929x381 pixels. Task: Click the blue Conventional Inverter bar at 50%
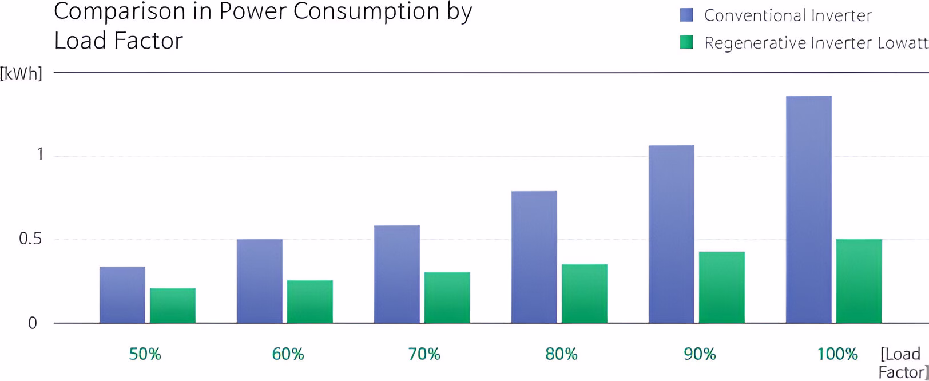[122, 295]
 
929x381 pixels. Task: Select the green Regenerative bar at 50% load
[172, 305]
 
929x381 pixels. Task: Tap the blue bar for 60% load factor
[259, 281]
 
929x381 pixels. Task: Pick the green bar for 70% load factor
[447, 297]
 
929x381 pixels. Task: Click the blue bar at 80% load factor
[534, 257]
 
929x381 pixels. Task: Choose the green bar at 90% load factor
[721, 287]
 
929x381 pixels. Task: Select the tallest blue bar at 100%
[808, 209]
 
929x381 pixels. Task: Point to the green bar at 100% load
[859, 281]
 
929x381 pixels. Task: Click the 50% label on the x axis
[145, 355]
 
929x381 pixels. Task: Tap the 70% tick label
[424, 355]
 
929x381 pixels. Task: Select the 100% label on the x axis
[837, 355]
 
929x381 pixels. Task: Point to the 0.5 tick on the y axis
[30, 239]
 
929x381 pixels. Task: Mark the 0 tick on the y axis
[33, 323]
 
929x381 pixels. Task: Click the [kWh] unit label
[22, 74]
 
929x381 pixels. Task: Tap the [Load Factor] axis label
[903, 363]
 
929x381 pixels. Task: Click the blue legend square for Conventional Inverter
[686, 15]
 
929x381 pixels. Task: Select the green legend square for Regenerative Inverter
[686, 42]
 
